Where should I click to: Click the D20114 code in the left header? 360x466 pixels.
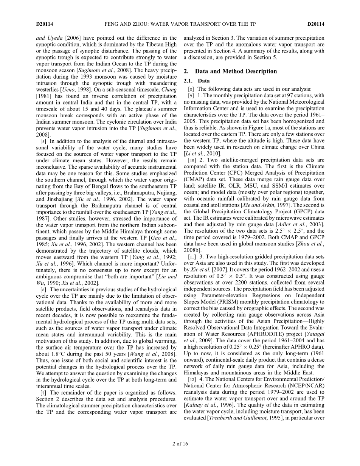(x=45, y=24)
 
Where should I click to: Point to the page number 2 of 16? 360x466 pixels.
(x=180, y=444)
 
